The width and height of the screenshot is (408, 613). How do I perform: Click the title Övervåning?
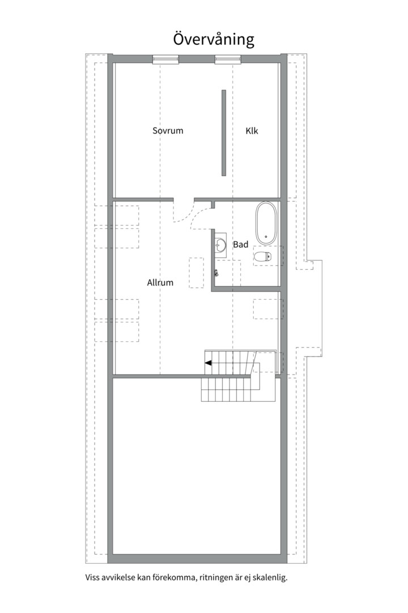214,39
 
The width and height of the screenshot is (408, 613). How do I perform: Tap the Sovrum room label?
168,131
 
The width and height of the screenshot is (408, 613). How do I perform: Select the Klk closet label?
252,131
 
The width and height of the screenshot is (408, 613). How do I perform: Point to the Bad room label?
240,244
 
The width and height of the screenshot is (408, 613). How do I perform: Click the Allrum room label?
160,282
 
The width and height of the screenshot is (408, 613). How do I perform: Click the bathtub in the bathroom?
266,223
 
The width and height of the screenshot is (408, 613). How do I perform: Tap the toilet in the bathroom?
262,257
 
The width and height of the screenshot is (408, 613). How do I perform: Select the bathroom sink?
220,245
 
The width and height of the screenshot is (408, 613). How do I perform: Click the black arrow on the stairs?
209,363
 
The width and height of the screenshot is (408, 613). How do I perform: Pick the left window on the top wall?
165,60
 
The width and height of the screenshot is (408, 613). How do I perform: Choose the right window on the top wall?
228,60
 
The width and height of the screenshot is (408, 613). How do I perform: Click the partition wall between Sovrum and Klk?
224,133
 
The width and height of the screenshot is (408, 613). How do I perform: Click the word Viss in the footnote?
92,577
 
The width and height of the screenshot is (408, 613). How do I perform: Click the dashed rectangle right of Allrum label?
197,273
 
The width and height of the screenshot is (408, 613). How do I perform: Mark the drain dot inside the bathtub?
266,237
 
